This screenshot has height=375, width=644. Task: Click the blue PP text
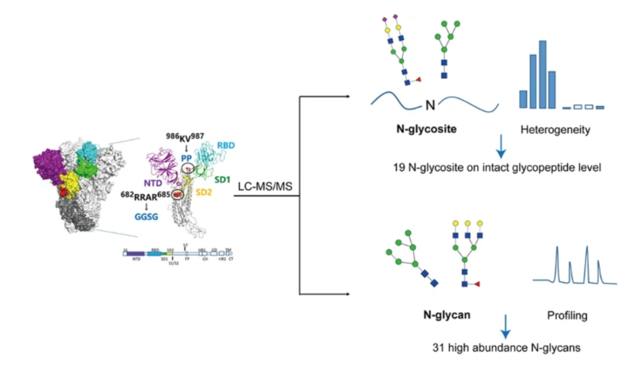point(187,156)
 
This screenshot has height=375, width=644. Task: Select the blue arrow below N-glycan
point(505,327)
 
